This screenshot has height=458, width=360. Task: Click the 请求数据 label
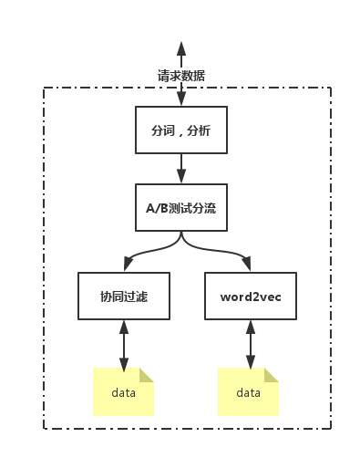pos(180,75)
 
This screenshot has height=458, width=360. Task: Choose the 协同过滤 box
pos(124,296)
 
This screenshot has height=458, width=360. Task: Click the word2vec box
pos(250,296)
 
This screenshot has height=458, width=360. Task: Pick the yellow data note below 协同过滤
pos(124,392)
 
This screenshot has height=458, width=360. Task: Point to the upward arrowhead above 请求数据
pos(180,48)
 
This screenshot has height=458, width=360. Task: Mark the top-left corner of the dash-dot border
pos(44,88)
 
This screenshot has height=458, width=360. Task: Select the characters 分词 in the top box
pos(161,130)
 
